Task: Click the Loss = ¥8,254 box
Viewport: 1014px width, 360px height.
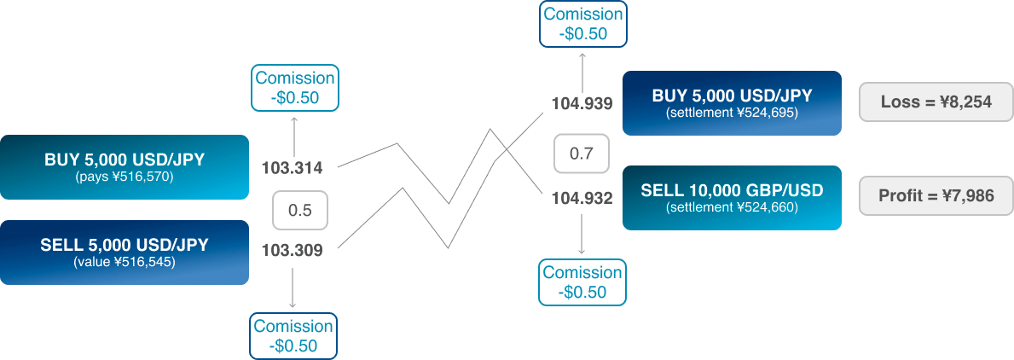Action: coord(936,102)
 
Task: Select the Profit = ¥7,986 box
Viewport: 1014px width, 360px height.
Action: coord(936,197)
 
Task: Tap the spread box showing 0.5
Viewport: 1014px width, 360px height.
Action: coord(299,211)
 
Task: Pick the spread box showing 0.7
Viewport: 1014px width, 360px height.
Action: coord(581,154)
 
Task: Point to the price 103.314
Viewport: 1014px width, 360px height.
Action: coord(293,167)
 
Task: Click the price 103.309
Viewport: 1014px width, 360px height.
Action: coord(293,251)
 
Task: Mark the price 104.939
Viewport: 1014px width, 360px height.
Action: coord(582,104)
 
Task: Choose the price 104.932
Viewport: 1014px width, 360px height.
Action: coord(582,199)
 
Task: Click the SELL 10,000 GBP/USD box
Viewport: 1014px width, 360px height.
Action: coord(732,197)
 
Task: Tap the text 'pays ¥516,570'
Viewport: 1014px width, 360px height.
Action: coord(124,177)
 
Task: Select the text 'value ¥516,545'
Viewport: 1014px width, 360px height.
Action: coord(124,262)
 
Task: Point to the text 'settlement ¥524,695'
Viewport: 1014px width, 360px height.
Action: coord(732,112)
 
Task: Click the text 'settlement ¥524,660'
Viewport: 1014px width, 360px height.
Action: coord(732,206)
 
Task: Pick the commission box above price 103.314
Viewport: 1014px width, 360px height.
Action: coord(294,88)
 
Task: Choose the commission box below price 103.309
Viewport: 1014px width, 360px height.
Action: coord(293,335)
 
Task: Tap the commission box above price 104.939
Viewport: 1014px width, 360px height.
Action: coord(582,24)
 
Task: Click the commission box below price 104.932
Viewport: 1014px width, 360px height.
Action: coord(582,282)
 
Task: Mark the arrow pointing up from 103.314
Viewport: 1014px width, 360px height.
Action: coord(294,134)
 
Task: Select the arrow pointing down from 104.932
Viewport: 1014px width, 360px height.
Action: coord(582,234)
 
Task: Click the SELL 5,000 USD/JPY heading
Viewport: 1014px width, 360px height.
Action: coord(124,245)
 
